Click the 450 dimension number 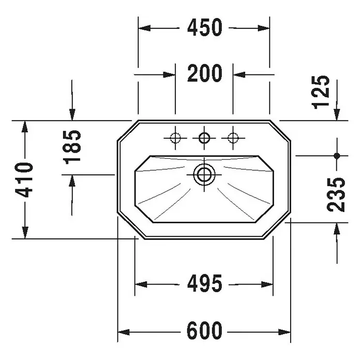[205, 27]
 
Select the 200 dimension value [205, 73]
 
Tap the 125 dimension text [321, 92]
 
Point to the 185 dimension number [72, 147]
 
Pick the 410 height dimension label [24, 180]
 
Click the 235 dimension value [336, 194]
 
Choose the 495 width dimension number [205, 283]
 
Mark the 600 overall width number [204, 331]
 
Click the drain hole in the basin [204, 175]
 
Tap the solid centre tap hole [204, 138]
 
